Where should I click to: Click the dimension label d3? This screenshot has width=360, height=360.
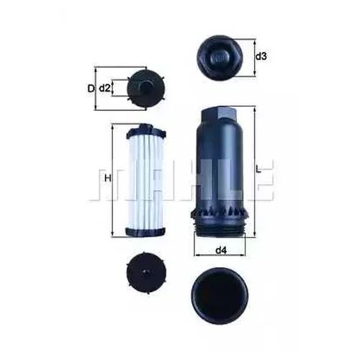click(261, 57)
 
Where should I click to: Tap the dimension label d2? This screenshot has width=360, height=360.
click(104, 89)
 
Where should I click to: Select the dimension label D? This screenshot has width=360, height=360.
click(91, 89)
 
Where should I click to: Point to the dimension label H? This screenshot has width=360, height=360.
click(108, 179)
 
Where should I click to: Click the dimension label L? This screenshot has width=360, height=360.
click(258, 169)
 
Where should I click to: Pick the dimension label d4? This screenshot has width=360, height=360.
click(221, 251)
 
